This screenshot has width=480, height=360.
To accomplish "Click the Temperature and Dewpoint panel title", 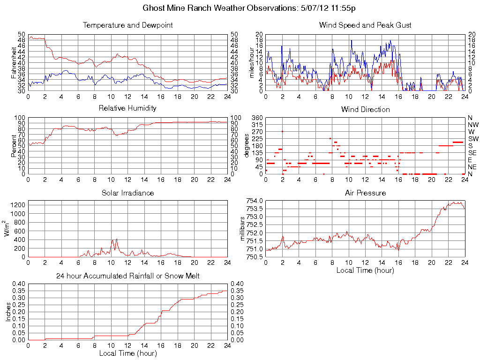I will [127, 25].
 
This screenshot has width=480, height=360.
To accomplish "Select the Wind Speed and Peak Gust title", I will [365, 25].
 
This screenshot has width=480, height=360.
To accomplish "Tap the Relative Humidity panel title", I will [127, 108].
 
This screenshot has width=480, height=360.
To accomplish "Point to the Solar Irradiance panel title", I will [127, 193].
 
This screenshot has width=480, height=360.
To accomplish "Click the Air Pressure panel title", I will [365, 193].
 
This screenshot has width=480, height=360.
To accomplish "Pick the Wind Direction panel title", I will [365, 109].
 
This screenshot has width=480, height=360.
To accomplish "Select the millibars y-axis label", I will [243, 228].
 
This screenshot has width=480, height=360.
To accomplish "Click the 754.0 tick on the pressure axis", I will [254, 201].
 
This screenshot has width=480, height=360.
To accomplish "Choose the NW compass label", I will [472, 125].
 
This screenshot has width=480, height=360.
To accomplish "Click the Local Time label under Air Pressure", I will [365, 270].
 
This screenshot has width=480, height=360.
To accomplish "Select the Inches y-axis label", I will [8, 312].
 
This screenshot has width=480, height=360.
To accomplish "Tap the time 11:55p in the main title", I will [344, 8].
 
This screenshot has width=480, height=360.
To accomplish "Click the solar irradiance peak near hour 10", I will [116, 239].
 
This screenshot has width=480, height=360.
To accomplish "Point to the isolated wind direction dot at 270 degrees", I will [282, 132].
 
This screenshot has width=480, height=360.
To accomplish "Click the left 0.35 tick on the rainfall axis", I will [18, 291].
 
